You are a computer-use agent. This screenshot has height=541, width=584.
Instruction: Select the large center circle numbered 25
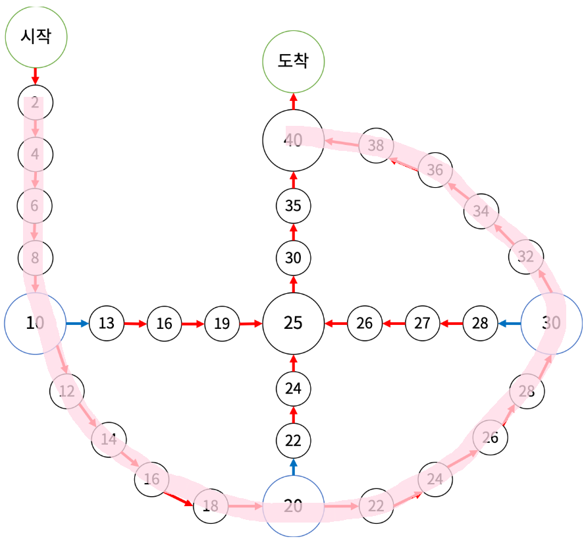pos(293,323)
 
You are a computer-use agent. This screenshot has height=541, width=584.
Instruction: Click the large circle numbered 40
pos(293,140)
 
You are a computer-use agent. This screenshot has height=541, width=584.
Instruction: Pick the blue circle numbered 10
pos(35,323)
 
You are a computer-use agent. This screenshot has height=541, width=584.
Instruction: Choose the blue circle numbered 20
pos(293,506)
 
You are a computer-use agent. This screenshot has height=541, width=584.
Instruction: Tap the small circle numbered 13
pos(107,323)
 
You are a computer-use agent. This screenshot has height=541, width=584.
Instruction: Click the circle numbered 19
pos(222,323)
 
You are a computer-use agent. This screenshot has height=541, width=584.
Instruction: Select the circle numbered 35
pos(293,205)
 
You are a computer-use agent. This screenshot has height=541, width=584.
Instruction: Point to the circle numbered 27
pos(422,323)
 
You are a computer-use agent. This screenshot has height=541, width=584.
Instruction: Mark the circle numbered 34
pos(481,212)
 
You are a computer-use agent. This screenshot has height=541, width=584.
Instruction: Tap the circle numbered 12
pos(67,391)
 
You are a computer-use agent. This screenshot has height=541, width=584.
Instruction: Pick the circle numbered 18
pos(210,506)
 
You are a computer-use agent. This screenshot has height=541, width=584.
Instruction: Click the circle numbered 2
pos(35,102)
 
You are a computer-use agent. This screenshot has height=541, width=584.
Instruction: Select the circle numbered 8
pos(35,257)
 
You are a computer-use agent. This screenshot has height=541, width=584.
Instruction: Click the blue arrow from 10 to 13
pos(76,323)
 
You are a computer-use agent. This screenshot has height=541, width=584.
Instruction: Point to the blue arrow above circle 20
pos(293,467)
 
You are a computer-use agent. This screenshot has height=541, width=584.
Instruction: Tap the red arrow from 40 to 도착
pos(293,101)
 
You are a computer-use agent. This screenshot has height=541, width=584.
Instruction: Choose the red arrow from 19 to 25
pos(251,323)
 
